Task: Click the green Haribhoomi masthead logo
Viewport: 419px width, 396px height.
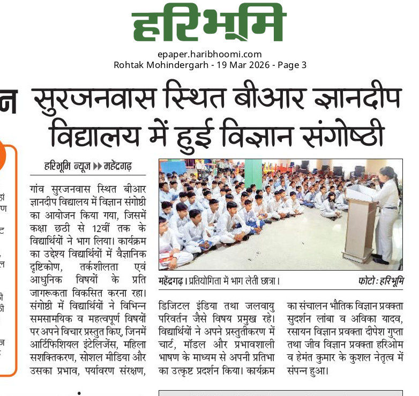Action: click(209, 26)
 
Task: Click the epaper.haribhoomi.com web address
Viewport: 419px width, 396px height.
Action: click(209, 54)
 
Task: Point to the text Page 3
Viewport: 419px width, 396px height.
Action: click(292, 65)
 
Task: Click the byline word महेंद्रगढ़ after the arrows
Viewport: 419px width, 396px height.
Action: click(124, 167)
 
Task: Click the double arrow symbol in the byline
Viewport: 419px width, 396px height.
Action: click(98, 167)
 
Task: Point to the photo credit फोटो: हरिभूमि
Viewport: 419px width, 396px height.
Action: click(381, 280)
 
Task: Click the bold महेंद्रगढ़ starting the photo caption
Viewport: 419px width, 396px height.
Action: click(172, 280)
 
